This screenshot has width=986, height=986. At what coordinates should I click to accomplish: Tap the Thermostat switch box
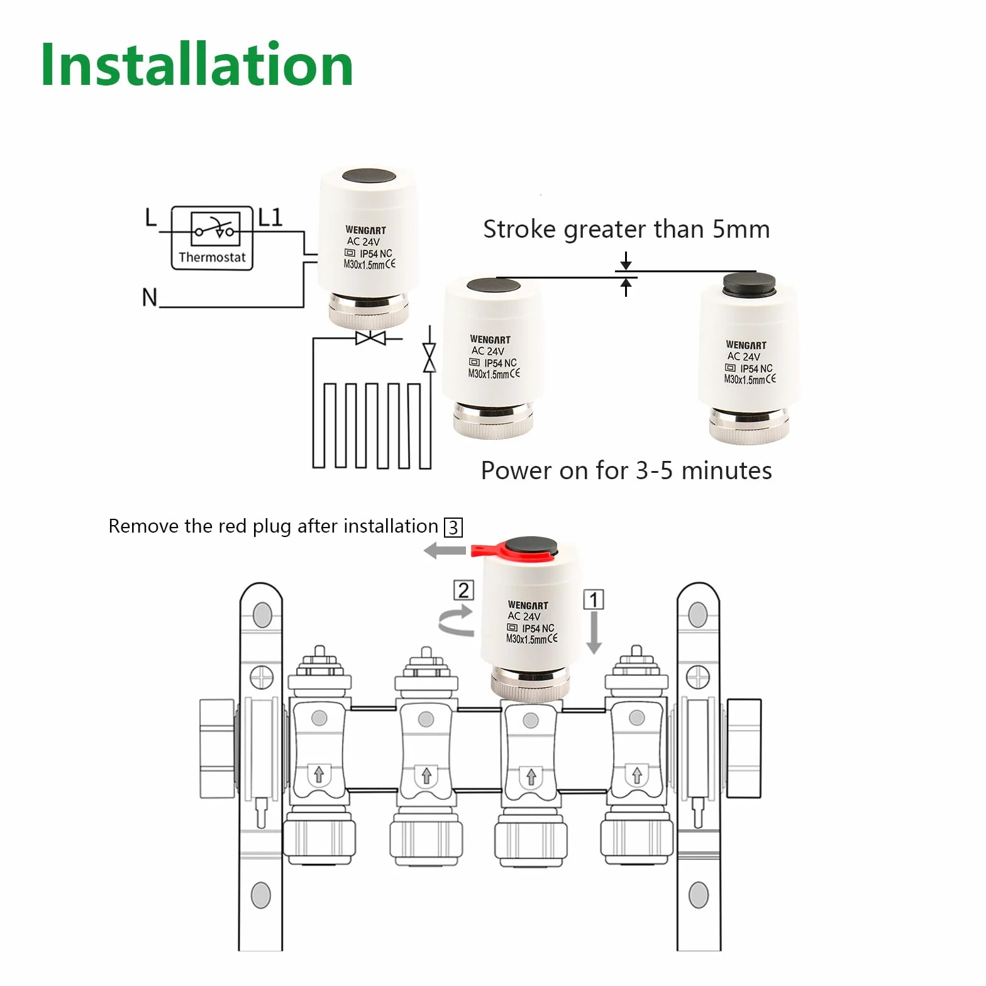(212, 238)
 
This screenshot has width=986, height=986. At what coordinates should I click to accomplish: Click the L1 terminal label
(270, 218)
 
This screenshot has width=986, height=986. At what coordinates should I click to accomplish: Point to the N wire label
(150, 297)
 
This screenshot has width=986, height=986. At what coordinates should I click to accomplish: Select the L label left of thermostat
(150, 218)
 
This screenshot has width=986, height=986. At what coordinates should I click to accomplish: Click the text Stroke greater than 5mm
(626, 230)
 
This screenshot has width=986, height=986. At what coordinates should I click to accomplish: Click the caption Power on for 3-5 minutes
(626, 470)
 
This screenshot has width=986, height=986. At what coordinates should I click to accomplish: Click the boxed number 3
(453, 527)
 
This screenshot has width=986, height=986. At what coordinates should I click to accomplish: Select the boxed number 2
(463, 590)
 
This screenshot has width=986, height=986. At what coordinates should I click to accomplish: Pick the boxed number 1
(594, 599)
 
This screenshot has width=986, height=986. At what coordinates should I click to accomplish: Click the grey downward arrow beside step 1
(594, 633)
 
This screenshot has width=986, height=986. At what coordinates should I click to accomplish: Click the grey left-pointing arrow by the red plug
(445, 551)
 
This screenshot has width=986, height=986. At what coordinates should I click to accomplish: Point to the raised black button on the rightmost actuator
(748, 284)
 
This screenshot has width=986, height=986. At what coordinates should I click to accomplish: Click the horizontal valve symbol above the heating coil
(371, 338)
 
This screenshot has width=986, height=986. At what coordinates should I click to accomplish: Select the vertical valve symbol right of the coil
(429, 358)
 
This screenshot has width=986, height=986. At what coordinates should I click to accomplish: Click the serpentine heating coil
(372, 426)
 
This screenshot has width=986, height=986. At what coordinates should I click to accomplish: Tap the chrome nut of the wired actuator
(369, 311)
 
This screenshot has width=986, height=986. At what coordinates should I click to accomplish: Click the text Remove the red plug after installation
(273, 526)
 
